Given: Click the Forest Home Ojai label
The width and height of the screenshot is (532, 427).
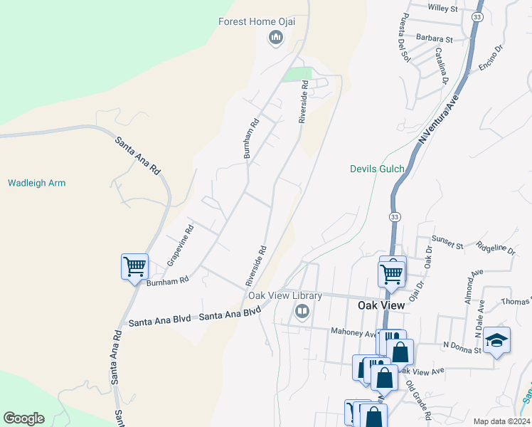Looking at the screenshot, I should (256, 21).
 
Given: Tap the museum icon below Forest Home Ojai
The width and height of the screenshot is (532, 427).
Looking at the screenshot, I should (275, 38).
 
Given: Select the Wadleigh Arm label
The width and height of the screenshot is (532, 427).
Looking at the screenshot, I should (36, 183).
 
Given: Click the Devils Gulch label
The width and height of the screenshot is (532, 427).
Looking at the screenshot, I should (377, 169).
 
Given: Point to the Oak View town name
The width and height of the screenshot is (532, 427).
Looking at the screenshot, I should (380, 305).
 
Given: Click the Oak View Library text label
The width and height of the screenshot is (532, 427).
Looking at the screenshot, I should (284, 295).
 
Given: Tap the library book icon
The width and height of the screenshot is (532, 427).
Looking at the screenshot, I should (302, 311).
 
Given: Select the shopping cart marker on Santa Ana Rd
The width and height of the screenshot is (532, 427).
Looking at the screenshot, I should (134, 267).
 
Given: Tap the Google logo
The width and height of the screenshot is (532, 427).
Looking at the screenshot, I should (23, 418).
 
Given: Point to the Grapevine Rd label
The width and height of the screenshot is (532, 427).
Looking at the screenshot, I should (180, 246).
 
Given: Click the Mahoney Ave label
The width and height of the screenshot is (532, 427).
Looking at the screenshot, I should (353, 332).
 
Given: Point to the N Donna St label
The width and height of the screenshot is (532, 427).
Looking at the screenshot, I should (462, 345).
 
